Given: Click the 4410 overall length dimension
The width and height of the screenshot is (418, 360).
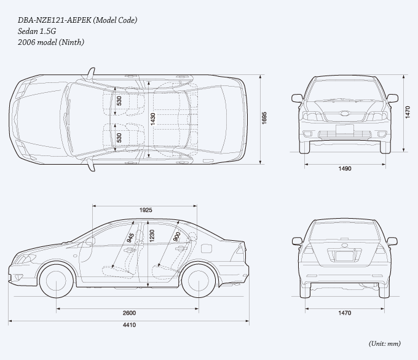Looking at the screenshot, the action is [129, 325].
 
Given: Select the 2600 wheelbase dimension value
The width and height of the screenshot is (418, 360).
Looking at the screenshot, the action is [129, 313].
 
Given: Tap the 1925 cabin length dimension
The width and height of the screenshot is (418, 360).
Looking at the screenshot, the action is [146, 210].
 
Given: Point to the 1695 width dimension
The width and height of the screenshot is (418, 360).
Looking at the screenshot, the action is [264, 118].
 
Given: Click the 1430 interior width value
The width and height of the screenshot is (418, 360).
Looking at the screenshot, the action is [152, 119].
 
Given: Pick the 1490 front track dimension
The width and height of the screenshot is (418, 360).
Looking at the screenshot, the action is [345, 168].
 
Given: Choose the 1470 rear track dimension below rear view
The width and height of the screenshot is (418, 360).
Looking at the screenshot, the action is [345, 313].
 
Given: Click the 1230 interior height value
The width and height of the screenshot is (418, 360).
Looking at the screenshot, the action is [152, 236].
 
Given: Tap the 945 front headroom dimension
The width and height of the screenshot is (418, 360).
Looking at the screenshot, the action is [130, 238].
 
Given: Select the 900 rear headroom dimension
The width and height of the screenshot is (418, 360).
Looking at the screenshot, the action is [177, 237].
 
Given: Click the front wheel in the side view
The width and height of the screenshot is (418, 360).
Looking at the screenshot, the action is [57, 280].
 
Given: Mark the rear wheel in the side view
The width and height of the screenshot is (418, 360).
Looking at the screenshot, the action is [199, 280].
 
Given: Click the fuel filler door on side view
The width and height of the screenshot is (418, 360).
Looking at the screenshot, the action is [206, 248].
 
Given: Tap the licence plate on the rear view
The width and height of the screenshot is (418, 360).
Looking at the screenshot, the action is [344, 256].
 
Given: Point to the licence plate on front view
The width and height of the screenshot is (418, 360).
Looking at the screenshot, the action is [344, 130].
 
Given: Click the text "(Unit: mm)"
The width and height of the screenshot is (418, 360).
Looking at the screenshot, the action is [385, 344].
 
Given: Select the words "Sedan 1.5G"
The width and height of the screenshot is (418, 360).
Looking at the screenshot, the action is [37, 31].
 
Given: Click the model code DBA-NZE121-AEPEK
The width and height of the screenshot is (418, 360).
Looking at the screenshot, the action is [55, 20].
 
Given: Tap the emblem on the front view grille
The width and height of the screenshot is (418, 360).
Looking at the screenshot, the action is [345, 114].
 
